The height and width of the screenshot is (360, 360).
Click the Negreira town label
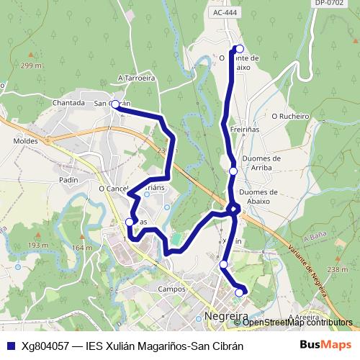click(226, 316)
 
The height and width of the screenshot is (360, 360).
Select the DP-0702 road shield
click(328, 4)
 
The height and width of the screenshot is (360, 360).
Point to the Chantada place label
click(69, 103)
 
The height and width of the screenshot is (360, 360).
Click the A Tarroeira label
click(137, 78)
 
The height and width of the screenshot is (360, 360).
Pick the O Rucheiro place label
click(290, 114)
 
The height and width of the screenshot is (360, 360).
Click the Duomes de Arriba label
click(262, 163)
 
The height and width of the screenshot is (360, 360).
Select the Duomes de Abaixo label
click(258, 197)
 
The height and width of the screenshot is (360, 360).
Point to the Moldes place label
click(26, 141)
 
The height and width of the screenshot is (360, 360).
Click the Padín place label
click(69, 180)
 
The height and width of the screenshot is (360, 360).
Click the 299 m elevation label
click(31, 66)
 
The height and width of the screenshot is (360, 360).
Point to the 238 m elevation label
click(337, 269)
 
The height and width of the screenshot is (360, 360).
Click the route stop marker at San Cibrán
click(115, 104)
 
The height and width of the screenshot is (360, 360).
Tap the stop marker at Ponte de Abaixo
click(240, 50)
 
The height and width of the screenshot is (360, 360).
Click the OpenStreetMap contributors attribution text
click(297, 323)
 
